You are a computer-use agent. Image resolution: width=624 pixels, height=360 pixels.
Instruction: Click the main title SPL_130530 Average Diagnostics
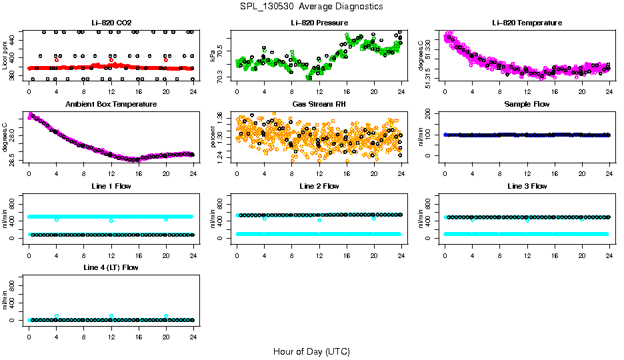pos(311,6)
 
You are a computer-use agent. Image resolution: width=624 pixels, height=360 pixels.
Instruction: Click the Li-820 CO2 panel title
pos(111,23)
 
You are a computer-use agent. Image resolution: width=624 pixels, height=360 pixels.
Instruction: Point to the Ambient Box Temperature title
pos(111,104)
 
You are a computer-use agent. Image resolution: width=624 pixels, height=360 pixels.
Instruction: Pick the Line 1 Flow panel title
pos(111,186)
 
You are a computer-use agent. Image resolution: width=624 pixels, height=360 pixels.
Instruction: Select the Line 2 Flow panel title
pos(319,186)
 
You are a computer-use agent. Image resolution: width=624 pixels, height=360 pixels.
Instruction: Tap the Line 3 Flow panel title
pos(527,186)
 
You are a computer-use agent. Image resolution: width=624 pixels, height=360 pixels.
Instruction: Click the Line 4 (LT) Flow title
pos(111,267)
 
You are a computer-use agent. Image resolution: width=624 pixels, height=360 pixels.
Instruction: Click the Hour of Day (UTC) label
pos(311,351)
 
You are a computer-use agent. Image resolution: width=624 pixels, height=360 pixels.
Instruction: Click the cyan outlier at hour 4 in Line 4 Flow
pos(57,316)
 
